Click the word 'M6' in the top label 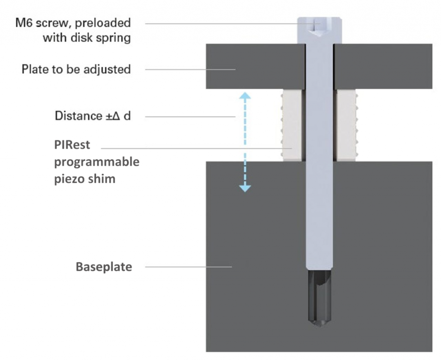(x=23, y=23)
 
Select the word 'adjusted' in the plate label (x=107, y=69)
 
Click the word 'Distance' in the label (x=79, y=116)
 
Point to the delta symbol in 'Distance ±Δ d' (x=116, y=116)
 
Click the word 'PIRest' (x=72, y=145)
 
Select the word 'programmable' (x=97, y=162)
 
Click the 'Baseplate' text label (x=104, y=267)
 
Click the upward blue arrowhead (x=245, y=96)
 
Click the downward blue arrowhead (x=245, y=188)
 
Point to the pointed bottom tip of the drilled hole (x=319, y=325)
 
